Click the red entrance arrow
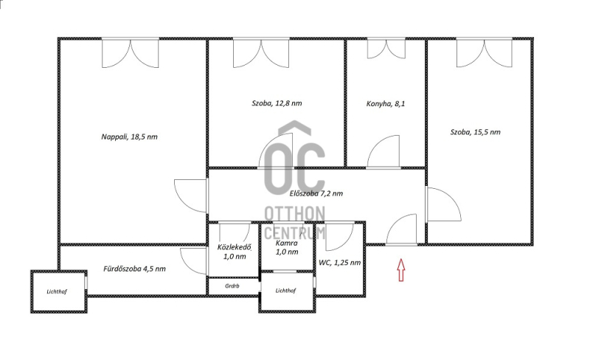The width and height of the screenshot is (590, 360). [401, 269]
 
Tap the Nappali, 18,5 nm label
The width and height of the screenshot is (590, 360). [129, 136]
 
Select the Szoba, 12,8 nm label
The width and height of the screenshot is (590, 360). [277, 103]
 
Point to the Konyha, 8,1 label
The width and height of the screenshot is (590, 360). [385, 103]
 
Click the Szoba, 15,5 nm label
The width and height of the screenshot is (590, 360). [475, 132]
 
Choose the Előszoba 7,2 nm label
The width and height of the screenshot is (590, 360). [316, 193]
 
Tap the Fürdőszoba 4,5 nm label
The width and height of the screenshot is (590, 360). [134, 269]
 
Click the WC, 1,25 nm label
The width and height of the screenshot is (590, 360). [339, 263]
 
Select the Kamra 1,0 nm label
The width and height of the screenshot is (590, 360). [287, 247]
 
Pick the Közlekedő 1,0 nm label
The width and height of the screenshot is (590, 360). [234, 252]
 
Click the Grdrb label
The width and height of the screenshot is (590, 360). [232, 285]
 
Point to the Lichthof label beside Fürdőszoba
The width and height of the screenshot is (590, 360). [57, 291]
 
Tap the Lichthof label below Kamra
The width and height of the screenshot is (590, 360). [285, 291]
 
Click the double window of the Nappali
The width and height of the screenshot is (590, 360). [131, 53]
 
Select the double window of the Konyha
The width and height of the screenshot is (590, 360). [386, 48]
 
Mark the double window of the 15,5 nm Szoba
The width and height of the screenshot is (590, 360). [485, 53]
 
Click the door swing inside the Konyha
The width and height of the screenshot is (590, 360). [383, 152]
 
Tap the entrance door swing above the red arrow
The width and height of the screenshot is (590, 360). [401, 229]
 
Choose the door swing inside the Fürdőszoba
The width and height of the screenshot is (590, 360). [194, 261]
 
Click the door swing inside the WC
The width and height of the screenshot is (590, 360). [340, 237]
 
